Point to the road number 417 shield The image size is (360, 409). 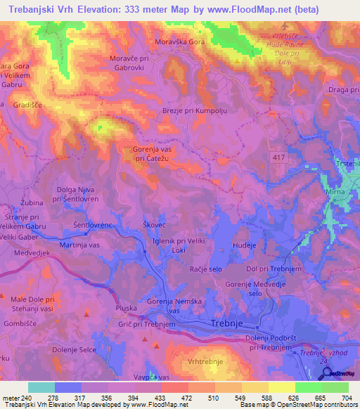click(x=278, y=158)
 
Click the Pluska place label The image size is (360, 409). click(x=127, y=308)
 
